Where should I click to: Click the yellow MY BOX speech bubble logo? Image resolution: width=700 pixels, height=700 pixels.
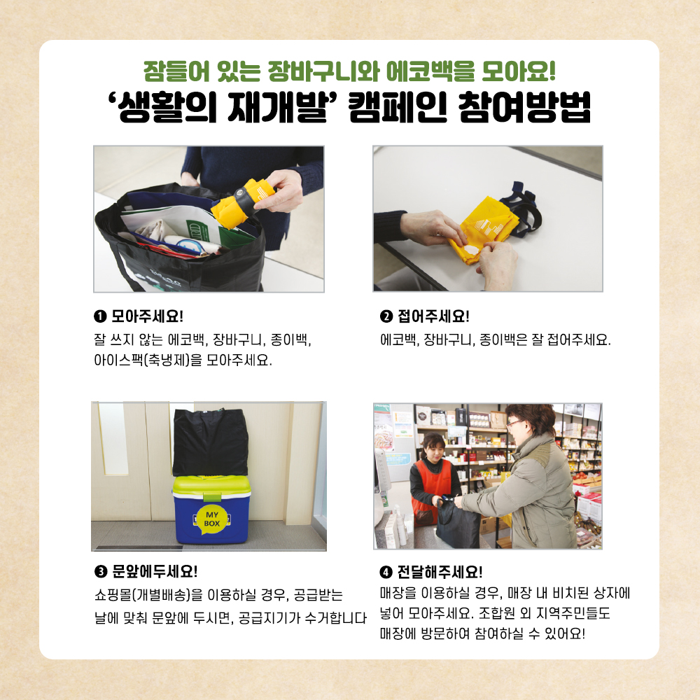(211, 519)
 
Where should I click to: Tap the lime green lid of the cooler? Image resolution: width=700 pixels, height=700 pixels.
(211, 486)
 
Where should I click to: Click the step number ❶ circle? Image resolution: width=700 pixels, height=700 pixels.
(100, 316)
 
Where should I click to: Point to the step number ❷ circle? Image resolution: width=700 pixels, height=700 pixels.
(386, 316)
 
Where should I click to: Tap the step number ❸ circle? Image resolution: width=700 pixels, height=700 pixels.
(101, 571)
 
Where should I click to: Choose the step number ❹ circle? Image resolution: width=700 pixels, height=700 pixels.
(386, 572)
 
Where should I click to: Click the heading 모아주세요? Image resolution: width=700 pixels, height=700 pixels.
(147, 316)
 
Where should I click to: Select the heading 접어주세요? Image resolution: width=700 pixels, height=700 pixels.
(433, 316)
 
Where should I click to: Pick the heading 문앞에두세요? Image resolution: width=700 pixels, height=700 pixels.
(155, 571)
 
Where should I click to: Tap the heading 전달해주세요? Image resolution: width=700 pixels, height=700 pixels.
(440, 572)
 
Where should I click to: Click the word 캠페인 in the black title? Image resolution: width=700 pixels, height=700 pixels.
(398, 107)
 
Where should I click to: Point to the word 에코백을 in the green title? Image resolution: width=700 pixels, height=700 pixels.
(430, 71)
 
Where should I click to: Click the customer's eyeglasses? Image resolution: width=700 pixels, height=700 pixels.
(514, 422)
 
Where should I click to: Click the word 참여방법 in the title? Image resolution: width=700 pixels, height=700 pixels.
(524, 107)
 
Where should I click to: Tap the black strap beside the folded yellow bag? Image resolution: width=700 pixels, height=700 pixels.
(521, 210)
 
